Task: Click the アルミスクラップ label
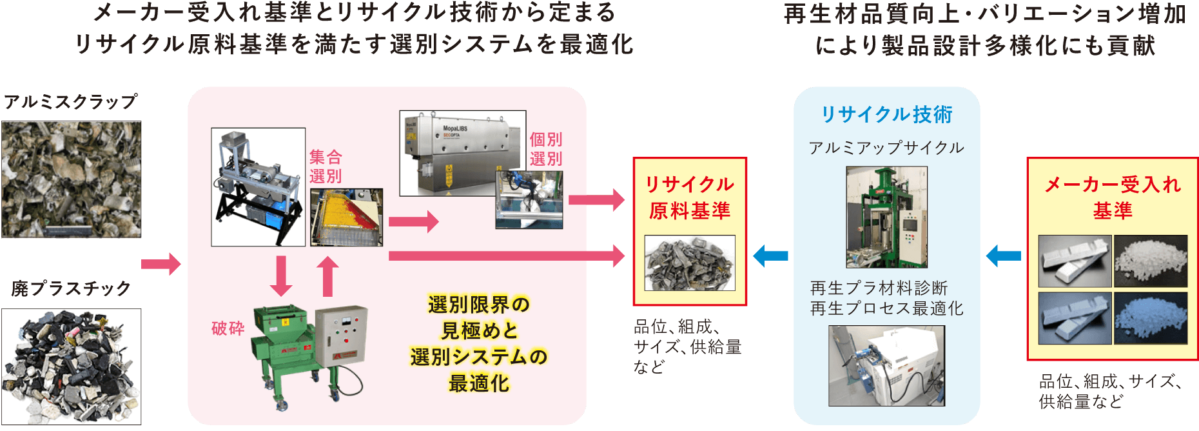[x=71, y=101]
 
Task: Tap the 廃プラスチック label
[x=71, y=288]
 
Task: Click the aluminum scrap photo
[x=71, y=179]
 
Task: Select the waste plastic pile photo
[x=71, y=366]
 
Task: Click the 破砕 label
[x=228, y=328]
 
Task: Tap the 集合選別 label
[x=326, y=166]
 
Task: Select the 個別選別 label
[x=546, y=149]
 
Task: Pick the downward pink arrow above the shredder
[x=280, y=276]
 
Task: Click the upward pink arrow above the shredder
[x=328, y=276]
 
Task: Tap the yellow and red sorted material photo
[x=347, y=217]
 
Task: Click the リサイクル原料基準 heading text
[x=690, y=197]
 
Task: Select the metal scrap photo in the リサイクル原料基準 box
[x=690, y=263]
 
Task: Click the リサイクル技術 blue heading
[x=887, y=115]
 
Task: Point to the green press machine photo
[x=887, y=217]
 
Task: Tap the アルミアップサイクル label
[x=887, y=148]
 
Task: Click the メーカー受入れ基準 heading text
[x=1113, y=197]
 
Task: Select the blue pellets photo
[x=1151, y=318]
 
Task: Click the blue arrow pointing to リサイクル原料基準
[x=771, y=256]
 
